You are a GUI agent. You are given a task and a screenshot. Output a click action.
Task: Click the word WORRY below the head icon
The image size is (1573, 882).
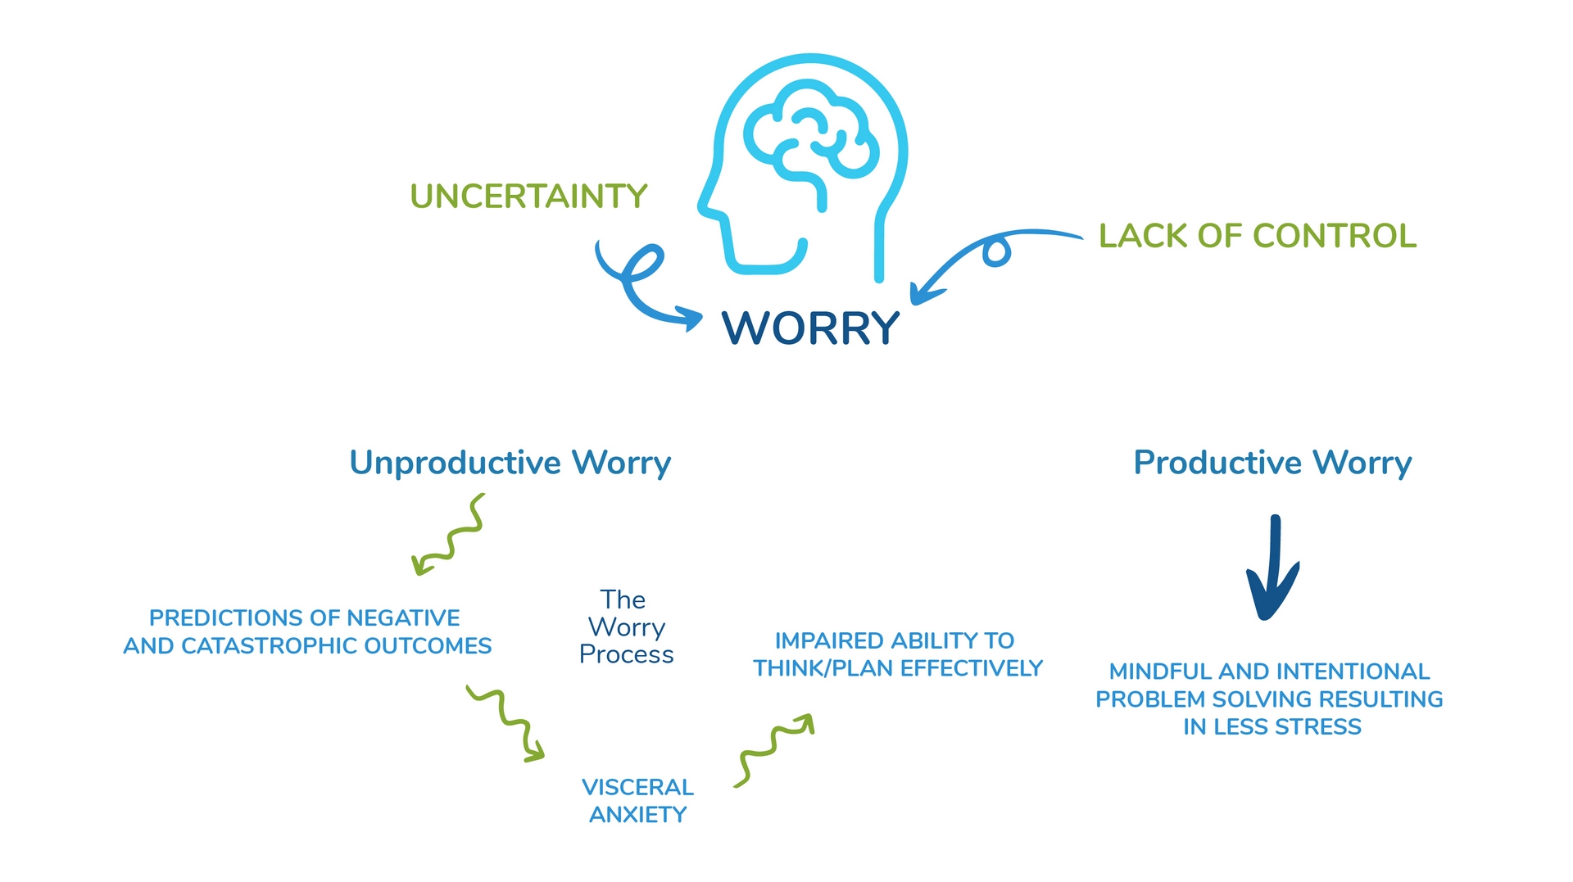(x=810, y=328)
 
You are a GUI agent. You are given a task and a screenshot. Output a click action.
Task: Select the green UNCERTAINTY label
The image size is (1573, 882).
(x=528, y=197)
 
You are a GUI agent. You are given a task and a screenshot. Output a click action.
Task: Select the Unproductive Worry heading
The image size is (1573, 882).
(x=510, y=463)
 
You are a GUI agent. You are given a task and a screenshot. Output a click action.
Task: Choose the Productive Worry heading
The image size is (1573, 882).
(x=1272, y=463)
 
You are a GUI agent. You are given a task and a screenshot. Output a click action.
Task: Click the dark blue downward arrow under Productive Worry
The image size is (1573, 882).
(x=1272, y=569)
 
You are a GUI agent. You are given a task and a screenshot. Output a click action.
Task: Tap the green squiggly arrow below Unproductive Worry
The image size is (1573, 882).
(x=451, y=536)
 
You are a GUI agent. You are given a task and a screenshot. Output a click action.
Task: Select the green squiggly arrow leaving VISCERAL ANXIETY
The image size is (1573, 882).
(x=774, y=749)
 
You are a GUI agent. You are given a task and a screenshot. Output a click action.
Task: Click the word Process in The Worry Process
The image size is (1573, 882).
(x=626, y=654)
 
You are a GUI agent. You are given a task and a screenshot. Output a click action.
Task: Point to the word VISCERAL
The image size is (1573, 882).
(x=637, y=787)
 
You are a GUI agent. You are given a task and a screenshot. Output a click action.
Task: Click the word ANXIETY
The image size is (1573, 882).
(x=637, y=815)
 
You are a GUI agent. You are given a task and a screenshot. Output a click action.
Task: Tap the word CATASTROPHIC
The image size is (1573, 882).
(x=270, y=646)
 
